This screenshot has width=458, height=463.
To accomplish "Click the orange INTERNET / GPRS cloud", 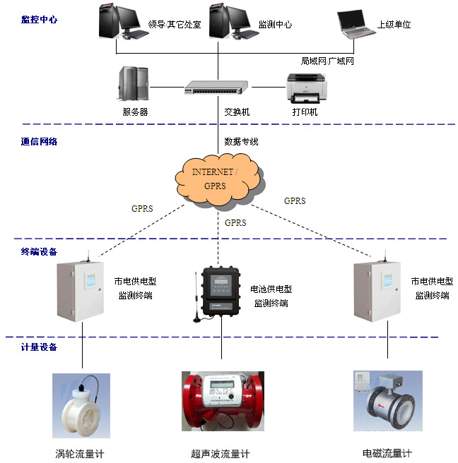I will point(216,178).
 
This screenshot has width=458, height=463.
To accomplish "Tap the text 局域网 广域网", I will point(327,61).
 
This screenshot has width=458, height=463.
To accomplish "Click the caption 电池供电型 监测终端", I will point(271,296).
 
